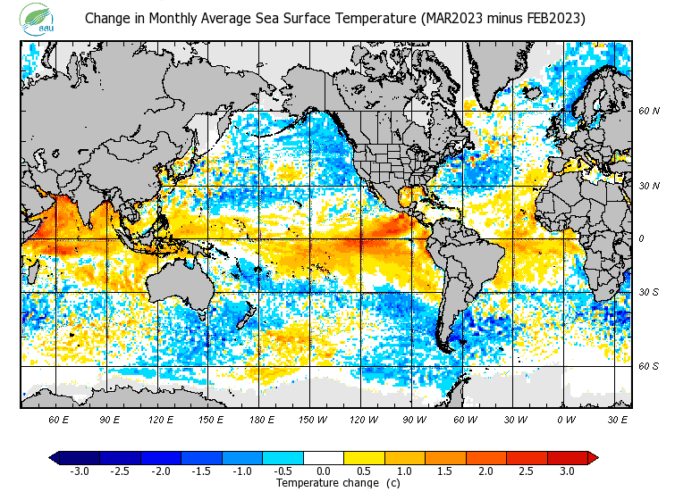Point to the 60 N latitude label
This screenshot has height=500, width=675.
point(648,111)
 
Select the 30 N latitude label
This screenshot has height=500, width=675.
point(648,186)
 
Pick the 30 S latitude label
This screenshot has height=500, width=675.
point(648,292)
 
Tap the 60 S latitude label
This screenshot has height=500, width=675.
point(648,366)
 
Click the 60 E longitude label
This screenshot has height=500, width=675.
point(59,419)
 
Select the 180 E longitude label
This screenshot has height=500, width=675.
point(262,419)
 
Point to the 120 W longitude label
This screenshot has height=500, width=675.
point(364,419)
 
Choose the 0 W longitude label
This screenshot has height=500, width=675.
point(566,419)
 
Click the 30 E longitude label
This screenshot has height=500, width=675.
point(618,419)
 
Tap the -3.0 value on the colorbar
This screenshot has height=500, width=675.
point(79,471)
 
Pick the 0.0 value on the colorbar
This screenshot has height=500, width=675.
point(325,471)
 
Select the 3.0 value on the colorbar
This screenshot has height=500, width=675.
point(567,471)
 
